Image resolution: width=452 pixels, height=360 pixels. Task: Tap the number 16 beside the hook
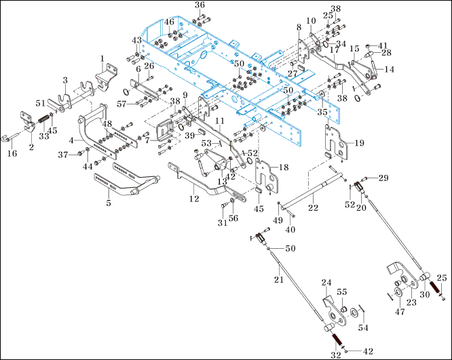[11, 154]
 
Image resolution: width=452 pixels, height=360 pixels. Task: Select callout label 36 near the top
[199, 5]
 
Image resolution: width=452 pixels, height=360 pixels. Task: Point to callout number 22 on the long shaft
[313, 207]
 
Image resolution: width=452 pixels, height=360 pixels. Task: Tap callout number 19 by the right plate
[359, 143]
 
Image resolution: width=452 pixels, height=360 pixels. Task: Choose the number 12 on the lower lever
[195, 199]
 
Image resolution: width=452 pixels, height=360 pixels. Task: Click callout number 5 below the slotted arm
[109, 202]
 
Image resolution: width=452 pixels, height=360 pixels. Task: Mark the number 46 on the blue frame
[169, 22]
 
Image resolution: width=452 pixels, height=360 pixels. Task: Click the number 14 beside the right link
[390, 69]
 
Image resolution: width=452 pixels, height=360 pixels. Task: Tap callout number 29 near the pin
[383, 177]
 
